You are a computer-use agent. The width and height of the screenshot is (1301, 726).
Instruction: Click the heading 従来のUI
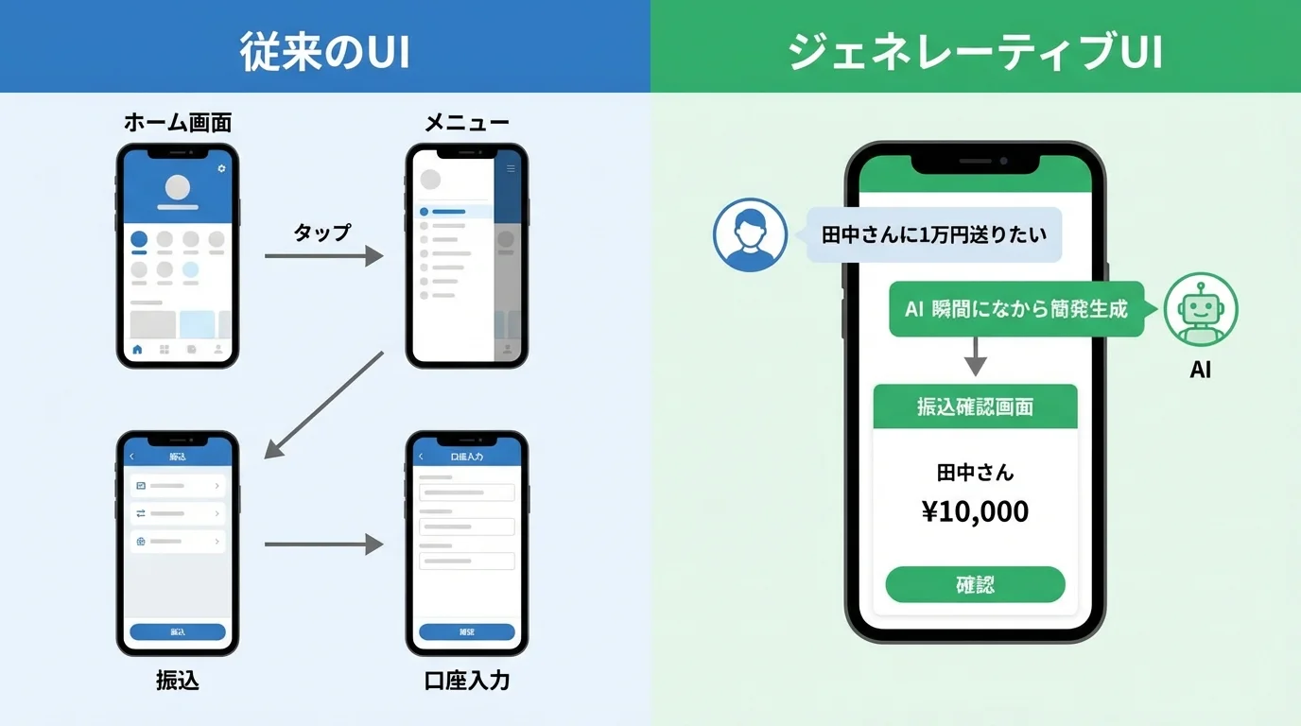click(324, 52)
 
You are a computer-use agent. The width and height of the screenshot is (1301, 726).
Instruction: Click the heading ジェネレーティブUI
click(975, 52)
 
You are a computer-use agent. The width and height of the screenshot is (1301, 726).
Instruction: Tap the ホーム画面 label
click(178, 123)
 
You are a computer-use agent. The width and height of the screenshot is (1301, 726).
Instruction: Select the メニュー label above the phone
click(467, 123)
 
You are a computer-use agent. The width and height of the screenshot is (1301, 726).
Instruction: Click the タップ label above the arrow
click(321, 233)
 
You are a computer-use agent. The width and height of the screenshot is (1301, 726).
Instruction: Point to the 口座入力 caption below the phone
click(467, 681)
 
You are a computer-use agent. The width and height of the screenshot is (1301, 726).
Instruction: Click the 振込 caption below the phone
click(178, 681)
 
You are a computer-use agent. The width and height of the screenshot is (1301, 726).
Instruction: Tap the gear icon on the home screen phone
click(221, 168)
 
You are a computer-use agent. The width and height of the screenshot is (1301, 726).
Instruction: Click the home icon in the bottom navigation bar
click(138, 350)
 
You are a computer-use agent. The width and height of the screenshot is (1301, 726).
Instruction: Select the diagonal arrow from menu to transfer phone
click(323, 405)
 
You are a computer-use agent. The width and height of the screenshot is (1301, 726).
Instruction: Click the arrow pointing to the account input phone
click(323, 544)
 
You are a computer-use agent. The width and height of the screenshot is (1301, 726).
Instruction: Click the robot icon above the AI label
click(1201, 310)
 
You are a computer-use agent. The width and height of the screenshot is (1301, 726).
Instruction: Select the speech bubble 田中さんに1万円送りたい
click(934, 234)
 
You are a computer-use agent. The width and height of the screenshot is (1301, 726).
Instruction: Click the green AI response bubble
click(1016, 309)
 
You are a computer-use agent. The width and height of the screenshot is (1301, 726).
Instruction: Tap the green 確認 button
click(975, 584)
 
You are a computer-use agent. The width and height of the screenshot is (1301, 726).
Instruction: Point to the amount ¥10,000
click(975, 511)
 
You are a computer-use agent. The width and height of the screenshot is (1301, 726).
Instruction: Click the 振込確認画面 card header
click(975, 406)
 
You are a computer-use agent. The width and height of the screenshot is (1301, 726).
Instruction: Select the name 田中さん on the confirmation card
click(975, 472)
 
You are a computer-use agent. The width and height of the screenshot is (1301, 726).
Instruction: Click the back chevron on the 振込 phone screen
click(132, 457)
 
